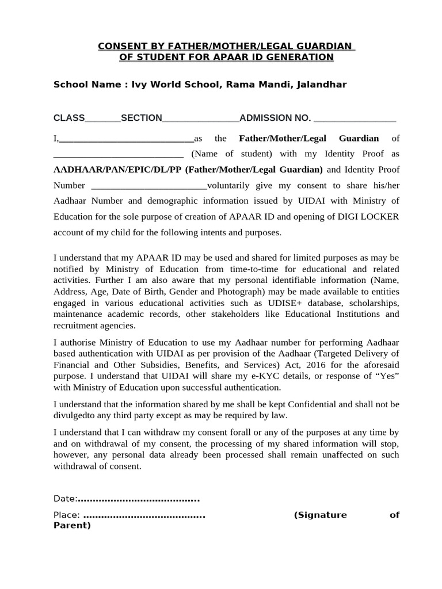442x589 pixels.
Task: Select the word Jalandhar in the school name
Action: point(323,85)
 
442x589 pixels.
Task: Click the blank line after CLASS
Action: point(102,119)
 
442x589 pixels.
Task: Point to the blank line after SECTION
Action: point(200,119)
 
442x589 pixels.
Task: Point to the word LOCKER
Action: point(381,217)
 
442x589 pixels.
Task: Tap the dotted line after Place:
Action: point(144,515)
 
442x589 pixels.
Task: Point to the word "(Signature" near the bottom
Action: point(321,515)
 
